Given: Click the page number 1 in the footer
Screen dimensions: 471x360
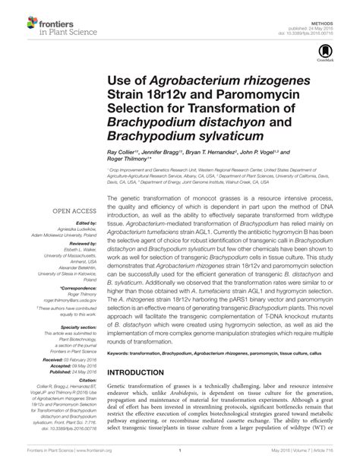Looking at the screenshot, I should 178,460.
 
